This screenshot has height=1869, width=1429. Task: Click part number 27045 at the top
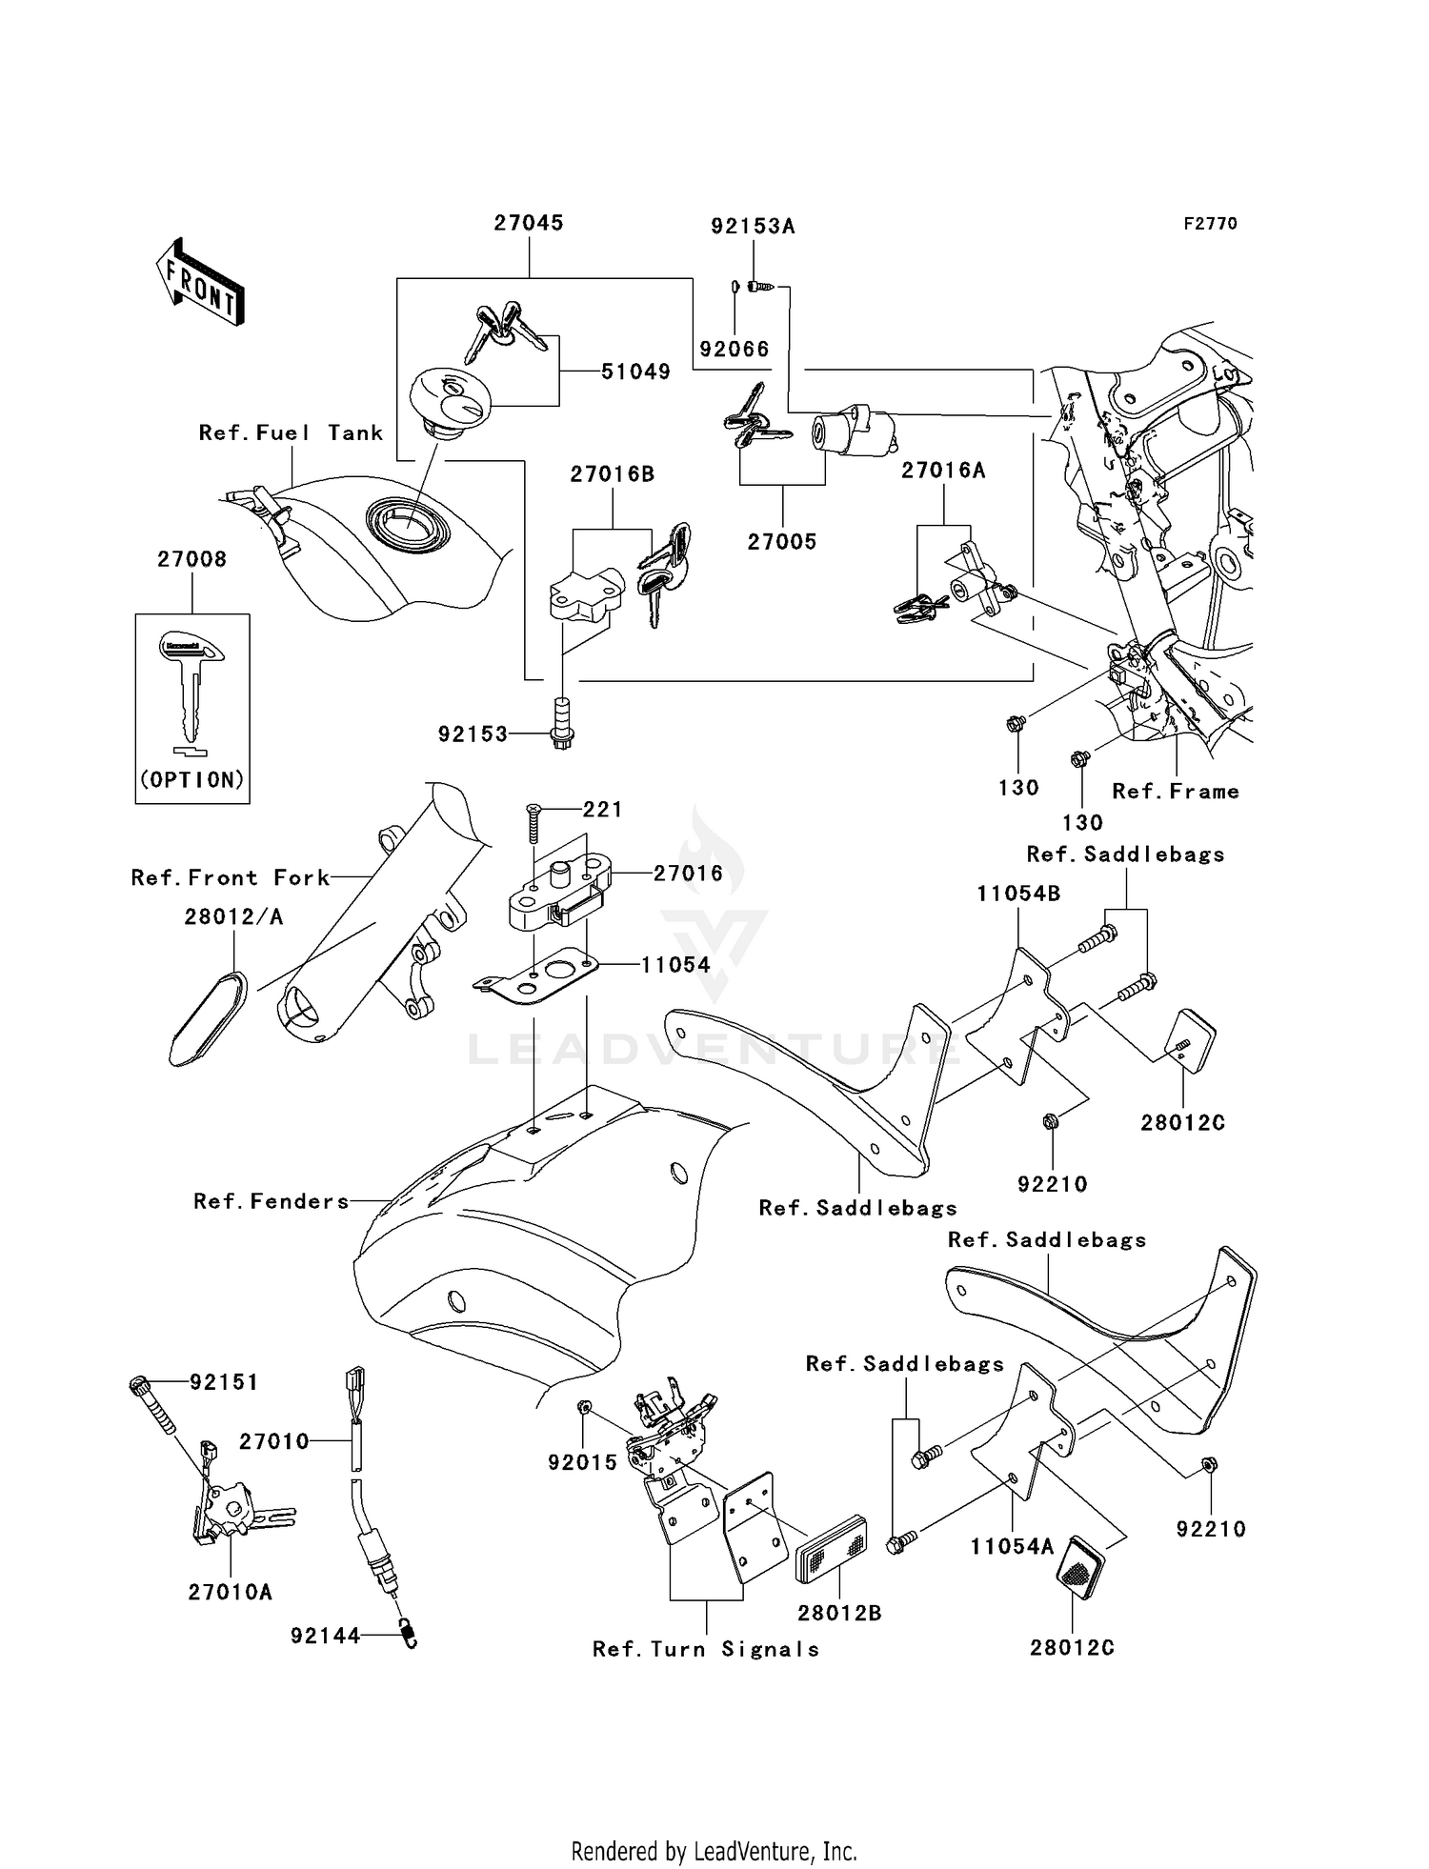tap(528, 223)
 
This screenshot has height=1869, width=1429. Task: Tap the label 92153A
tap(753, 227)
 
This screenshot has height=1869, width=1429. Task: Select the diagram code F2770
tap(1210, 224)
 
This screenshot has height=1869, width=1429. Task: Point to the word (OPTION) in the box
tap(192, 780)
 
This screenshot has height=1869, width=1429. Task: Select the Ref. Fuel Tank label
tap(291, 433)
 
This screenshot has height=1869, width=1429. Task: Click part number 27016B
tap(613, 474)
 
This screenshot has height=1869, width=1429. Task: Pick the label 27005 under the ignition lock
tap(782, 542)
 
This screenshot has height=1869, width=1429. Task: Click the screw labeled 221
tap(533, 822)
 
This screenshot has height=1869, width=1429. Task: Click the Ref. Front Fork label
tap(231, 878)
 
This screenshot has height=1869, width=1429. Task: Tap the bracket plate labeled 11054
tap(536, 982)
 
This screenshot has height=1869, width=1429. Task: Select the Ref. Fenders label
tap(272, 1202)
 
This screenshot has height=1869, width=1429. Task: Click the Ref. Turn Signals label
tap(706, 1649)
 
